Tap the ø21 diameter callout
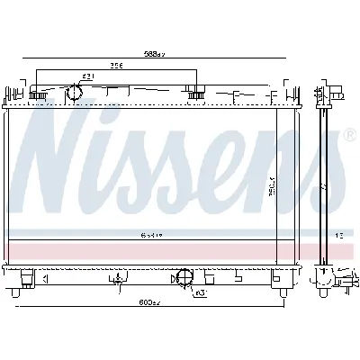[88, 76]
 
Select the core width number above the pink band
[149, 236]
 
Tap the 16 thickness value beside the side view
[339, 236]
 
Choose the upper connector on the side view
[336, 93]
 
